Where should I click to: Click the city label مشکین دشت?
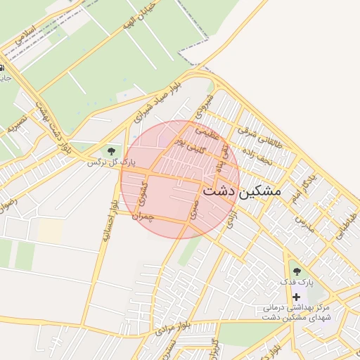click(241, 191)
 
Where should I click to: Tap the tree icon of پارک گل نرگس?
click(110, 150)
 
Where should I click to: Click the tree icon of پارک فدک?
click(296, 271)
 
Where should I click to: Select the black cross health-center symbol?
click(296, 297)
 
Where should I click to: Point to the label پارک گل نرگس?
click(110, 162)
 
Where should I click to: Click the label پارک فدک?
click(296, 282)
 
